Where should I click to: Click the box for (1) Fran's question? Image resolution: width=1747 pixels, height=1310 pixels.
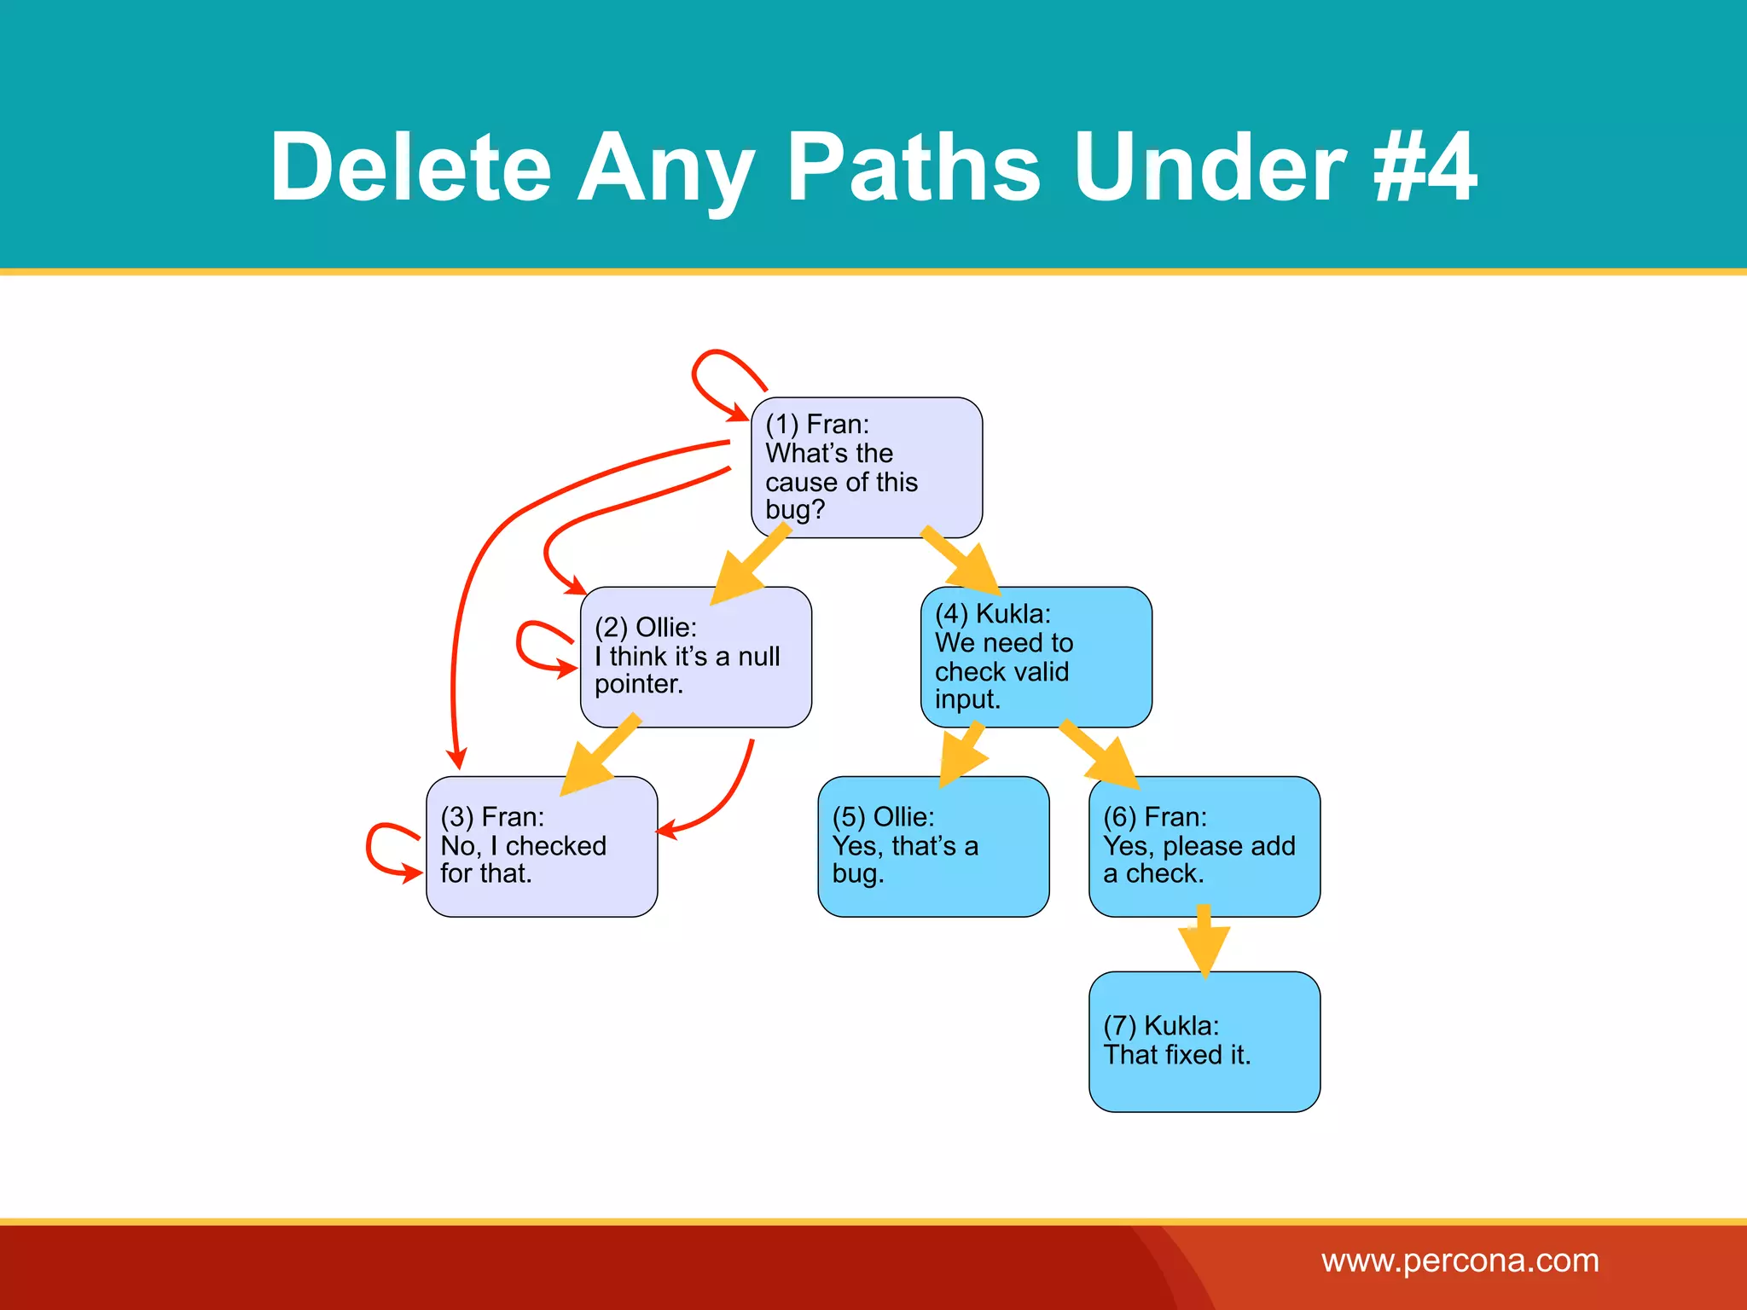(x=866, y=467)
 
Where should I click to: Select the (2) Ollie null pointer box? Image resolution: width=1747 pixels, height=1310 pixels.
(x=695, y=656)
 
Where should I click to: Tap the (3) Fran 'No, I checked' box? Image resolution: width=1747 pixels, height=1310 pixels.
(x=542, y=846)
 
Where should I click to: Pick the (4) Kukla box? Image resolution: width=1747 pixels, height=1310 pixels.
(x=1036, y=656)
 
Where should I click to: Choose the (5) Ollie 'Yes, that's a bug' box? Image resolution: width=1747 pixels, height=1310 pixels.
(x=933, y=846)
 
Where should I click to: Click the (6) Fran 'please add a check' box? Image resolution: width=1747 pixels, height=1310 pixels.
(x=1204, y=846)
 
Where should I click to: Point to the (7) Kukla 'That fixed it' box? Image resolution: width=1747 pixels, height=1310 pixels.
(x=1204, y=1041)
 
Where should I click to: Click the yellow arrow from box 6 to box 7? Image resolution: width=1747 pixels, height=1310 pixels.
(x=1204, y=942)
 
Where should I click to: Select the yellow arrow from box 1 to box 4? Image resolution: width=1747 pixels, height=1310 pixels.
(x=962, y=561)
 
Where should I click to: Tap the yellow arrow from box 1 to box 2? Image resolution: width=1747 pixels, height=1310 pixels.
(x=749, y=565)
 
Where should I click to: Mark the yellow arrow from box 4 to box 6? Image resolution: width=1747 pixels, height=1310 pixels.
(x=1101, y=754)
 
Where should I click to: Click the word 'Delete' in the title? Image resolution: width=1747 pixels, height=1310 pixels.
(x=410, y=168)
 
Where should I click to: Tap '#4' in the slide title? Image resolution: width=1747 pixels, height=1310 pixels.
(x=1425, y=168)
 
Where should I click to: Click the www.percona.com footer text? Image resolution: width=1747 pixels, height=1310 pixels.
(x=1460, y=1261)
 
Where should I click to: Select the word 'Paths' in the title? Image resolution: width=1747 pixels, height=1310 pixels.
(x=913, y=168)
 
